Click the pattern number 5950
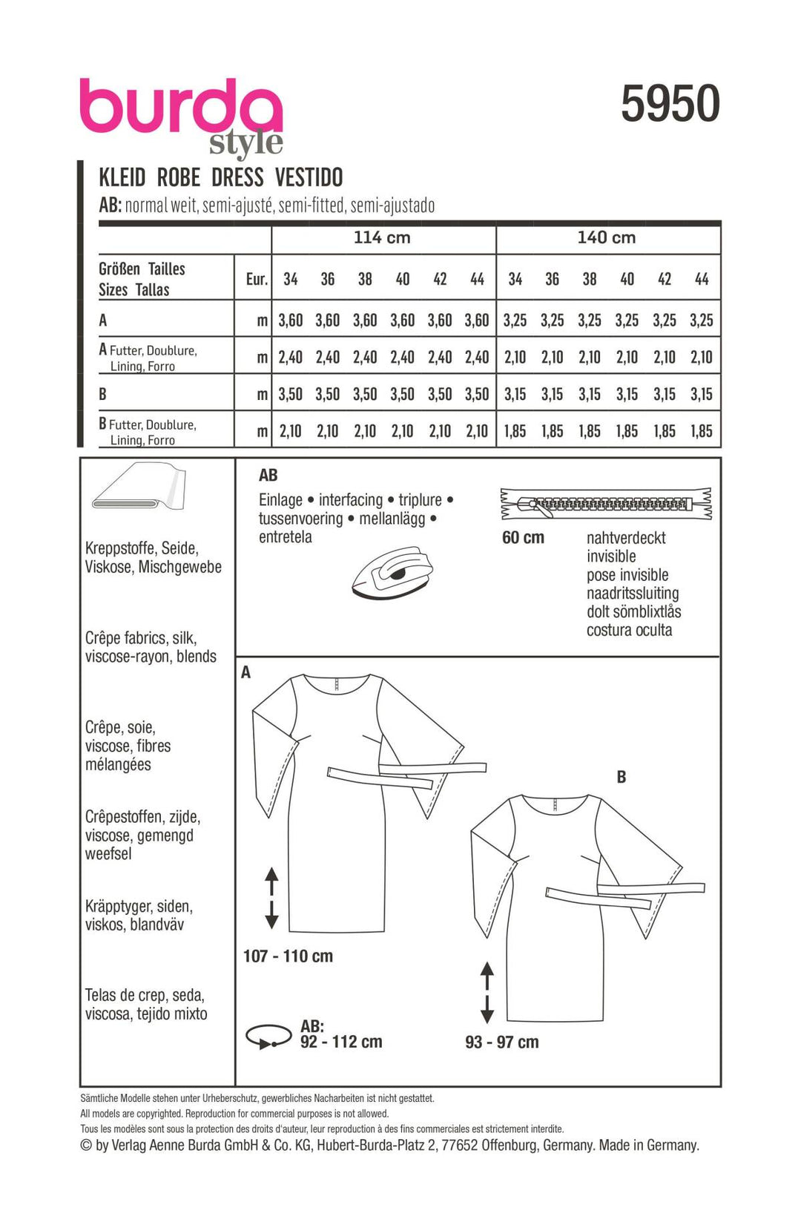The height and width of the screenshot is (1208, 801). tap(670, 103)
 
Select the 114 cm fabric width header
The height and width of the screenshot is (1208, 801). tap(382, 238)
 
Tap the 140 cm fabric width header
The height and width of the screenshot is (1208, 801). tap(607, 238)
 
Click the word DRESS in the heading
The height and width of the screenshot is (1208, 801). tap(237, 178)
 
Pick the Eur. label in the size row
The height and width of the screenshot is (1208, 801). tap(257, 279)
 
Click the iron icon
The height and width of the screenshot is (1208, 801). tap(392, 572)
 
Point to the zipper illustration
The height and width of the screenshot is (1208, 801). tap(606, 505)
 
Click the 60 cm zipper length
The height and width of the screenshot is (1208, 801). tap(523, 538)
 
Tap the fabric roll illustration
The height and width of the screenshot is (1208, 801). tap(139, 489)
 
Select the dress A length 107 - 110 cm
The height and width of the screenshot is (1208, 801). tap(288, 956)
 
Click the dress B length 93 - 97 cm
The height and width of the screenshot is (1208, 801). tap(502, 1043)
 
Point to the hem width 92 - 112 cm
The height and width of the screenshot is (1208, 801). tap(341, 1042)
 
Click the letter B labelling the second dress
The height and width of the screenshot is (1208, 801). tap(622, 778)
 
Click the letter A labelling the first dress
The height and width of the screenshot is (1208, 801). tap(246, 673)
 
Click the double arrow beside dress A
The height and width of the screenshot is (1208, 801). tap(271, 898)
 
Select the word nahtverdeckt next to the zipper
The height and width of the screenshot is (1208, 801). tap(626, 538)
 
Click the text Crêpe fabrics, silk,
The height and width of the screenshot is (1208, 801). tap(141, 638)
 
